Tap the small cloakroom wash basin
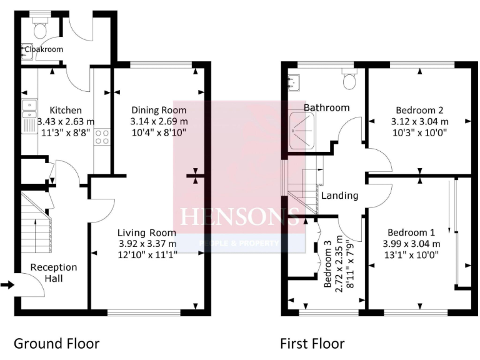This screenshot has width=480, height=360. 26,50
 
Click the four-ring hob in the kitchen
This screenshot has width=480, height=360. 101,136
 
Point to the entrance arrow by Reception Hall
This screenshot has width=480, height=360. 7,285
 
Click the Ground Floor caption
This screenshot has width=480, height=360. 56,343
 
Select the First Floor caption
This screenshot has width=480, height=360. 312,343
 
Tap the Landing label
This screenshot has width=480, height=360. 339,196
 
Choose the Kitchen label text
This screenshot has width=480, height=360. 66,110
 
